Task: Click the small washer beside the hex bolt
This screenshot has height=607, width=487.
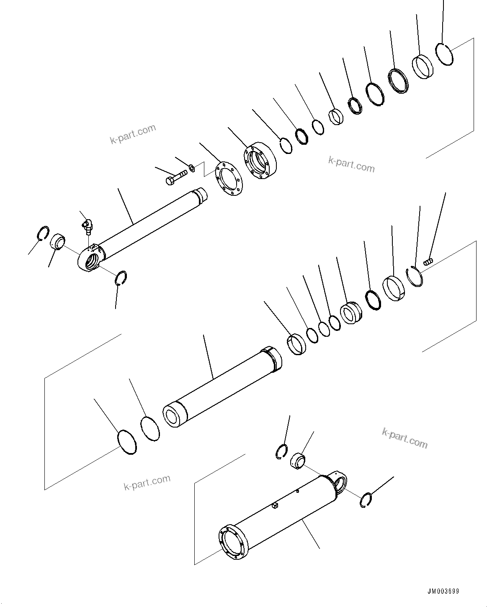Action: (191, 168)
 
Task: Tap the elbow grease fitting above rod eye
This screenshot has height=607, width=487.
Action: (87, 225)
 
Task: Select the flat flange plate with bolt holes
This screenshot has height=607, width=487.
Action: (229, 181)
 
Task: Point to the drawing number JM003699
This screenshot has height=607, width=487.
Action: (443, 592)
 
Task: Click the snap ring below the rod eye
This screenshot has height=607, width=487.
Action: (121, 278)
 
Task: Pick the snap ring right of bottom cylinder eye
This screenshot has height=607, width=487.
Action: (366, 501)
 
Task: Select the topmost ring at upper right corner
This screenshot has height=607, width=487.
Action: (444, 54)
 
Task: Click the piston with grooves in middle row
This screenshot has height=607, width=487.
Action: (351, 312)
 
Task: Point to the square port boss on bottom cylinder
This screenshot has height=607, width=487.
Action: (274, 507)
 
